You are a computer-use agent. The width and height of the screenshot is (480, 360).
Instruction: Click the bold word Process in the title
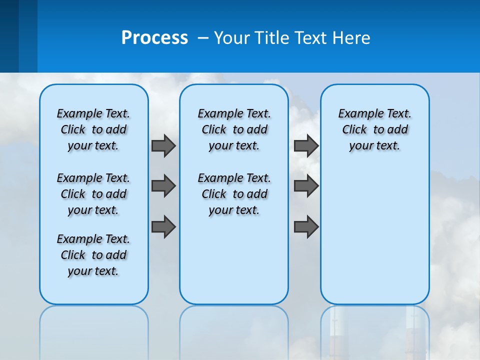pos(154,38)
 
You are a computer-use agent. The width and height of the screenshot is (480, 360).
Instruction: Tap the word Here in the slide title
pos(352,38)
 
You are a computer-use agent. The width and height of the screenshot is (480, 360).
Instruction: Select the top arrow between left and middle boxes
pos(163,145)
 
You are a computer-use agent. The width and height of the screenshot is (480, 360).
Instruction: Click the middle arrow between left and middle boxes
pos(163,186)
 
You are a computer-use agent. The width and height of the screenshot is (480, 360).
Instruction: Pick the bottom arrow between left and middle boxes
pos(163,226)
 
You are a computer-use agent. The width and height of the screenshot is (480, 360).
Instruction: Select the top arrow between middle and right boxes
pos(306,145)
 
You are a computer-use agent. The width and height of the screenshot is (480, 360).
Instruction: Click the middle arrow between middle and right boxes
pos(306,186)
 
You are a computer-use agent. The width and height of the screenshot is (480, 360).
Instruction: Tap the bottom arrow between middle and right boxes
pos(306,226)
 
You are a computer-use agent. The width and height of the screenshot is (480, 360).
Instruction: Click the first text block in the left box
pos(93,129)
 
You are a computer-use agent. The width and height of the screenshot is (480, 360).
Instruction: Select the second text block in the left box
pos(93,194)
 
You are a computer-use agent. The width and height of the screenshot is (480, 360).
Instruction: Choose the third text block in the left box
pos(93,255)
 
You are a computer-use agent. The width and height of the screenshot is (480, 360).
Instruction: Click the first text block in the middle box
pos(234,129)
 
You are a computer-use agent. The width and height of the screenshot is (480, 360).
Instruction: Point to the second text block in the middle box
pos(234,194)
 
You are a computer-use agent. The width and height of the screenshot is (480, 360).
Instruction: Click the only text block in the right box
pos(374,129)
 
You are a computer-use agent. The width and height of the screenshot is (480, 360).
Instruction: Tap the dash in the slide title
pos(203,38)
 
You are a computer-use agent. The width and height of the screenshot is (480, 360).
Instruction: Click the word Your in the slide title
pos(232,38)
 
